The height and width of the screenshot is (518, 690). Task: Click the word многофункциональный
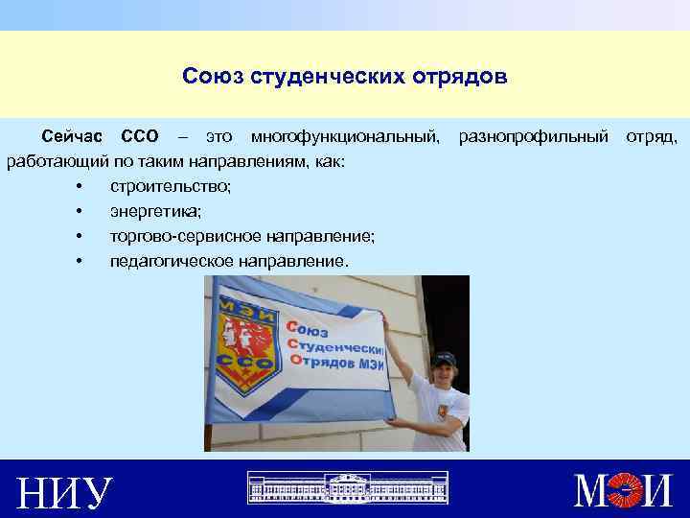point(345,140)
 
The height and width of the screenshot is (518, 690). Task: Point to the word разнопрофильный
point(533,140)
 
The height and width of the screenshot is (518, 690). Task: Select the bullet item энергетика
point(155,210)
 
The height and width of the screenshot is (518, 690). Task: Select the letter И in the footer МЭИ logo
point(660,491)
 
